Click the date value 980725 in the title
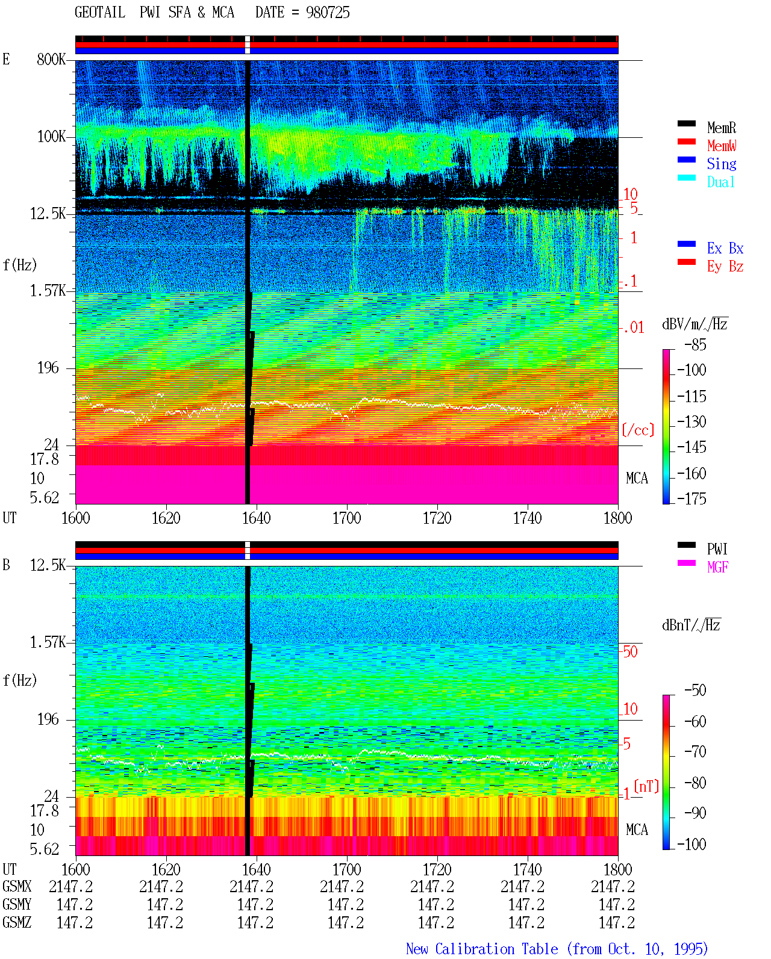pyautogui.click(x=328, y=13)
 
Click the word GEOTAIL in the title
pyautogui.click(x=100, y=13)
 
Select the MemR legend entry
pyautogui.click(x=722, y=128)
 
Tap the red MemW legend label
pyautogui.click(x=722, y=146)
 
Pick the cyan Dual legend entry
pyautogui.click(x=721, y=182)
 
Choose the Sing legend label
pyautogui.click(x=722, y=164)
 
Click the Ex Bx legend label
pyautogui.click(x=725, y=248)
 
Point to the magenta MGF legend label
pyautogui.click(x=717, y=567)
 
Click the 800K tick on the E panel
pyautogui.click(x=51, y=59)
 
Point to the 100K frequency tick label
pyautogui.click(x=51, y=137)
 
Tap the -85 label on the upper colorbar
pyautogui.click(x=695, y=344)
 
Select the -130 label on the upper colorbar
pyautogui.click(x=691, y=421)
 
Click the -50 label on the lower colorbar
pyautogui.click(x=695, y=691)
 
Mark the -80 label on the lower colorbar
pyautogui.click(x=695, y=783)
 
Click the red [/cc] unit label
pyautogui.click(x=638, y=430)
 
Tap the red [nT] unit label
pyautogui.click(x=646, y=786)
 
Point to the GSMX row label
pyautogui.click(x=17, y=886)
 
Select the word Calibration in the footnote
pyautogui.click(x=496, y=949)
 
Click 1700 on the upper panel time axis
pyautogui.click(x=346, y=518)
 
